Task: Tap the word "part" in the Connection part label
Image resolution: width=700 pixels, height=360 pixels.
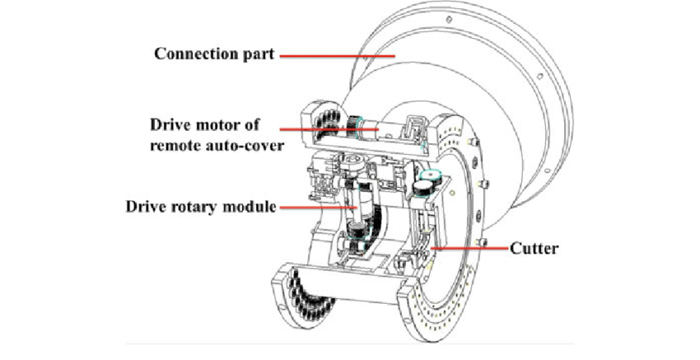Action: pos(254,54)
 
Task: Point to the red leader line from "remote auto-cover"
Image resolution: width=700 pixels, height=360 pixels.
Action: pos(325,129)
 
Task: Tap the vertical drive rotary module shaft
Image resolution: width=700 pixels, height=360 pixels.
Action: pos(357,216)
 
